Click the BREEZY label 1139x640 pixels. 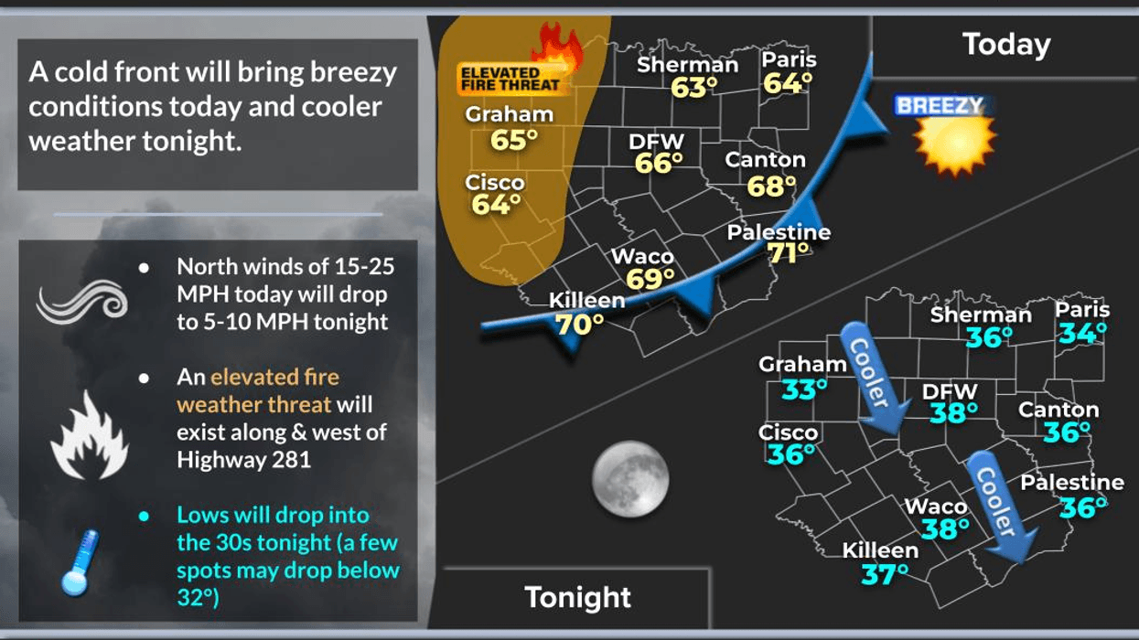tap(940, 106)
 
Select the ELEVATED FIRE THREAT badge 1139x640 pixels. tap(511, 79)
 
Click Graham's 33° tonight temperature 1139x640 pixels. tap(804, 389)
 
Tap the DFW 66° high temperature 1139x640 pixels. tap(660, 164)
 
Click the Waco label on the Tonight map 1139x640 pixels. tap(935, 507)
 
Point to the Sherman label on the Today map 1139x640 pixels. tap(687, 65)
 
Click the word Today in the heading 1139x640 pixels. tap(1006, 44)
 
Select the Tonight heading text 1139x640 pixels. tap(577, 597)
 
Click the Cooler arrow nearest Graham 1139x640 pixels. tap(876, 378)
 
